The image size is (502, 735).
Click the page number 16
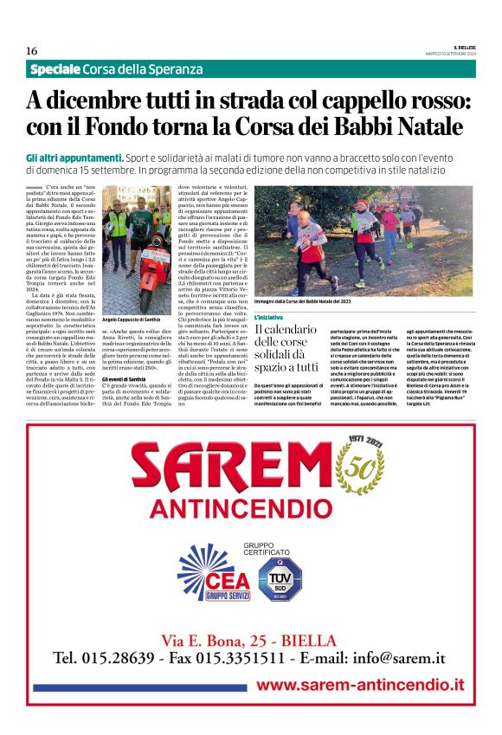(x=31, y=50)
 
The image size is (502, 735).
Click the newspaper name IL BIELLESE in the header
(x=460, y=45)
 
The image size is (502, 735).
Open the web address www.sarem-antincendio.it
(x=360, y=685)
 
